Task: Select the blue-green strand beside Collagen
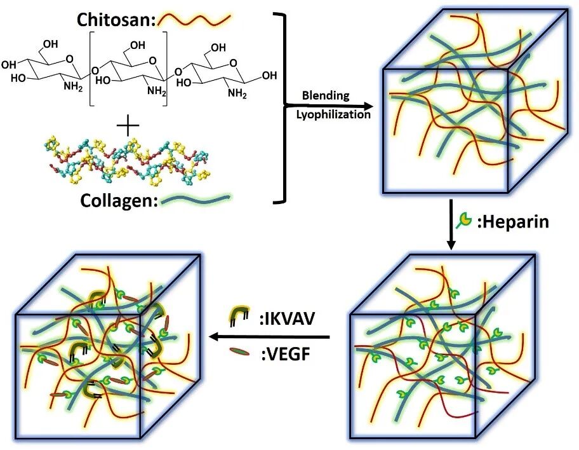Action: (x=196, y=200)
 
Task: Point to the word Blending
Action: (x=326, y=95)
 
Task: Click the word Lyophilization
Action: (x=333, y=115)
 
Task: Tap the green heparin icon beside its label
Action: (x=465, y=221)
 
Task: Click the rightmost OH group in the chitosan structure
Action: (x=269, y=76)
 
